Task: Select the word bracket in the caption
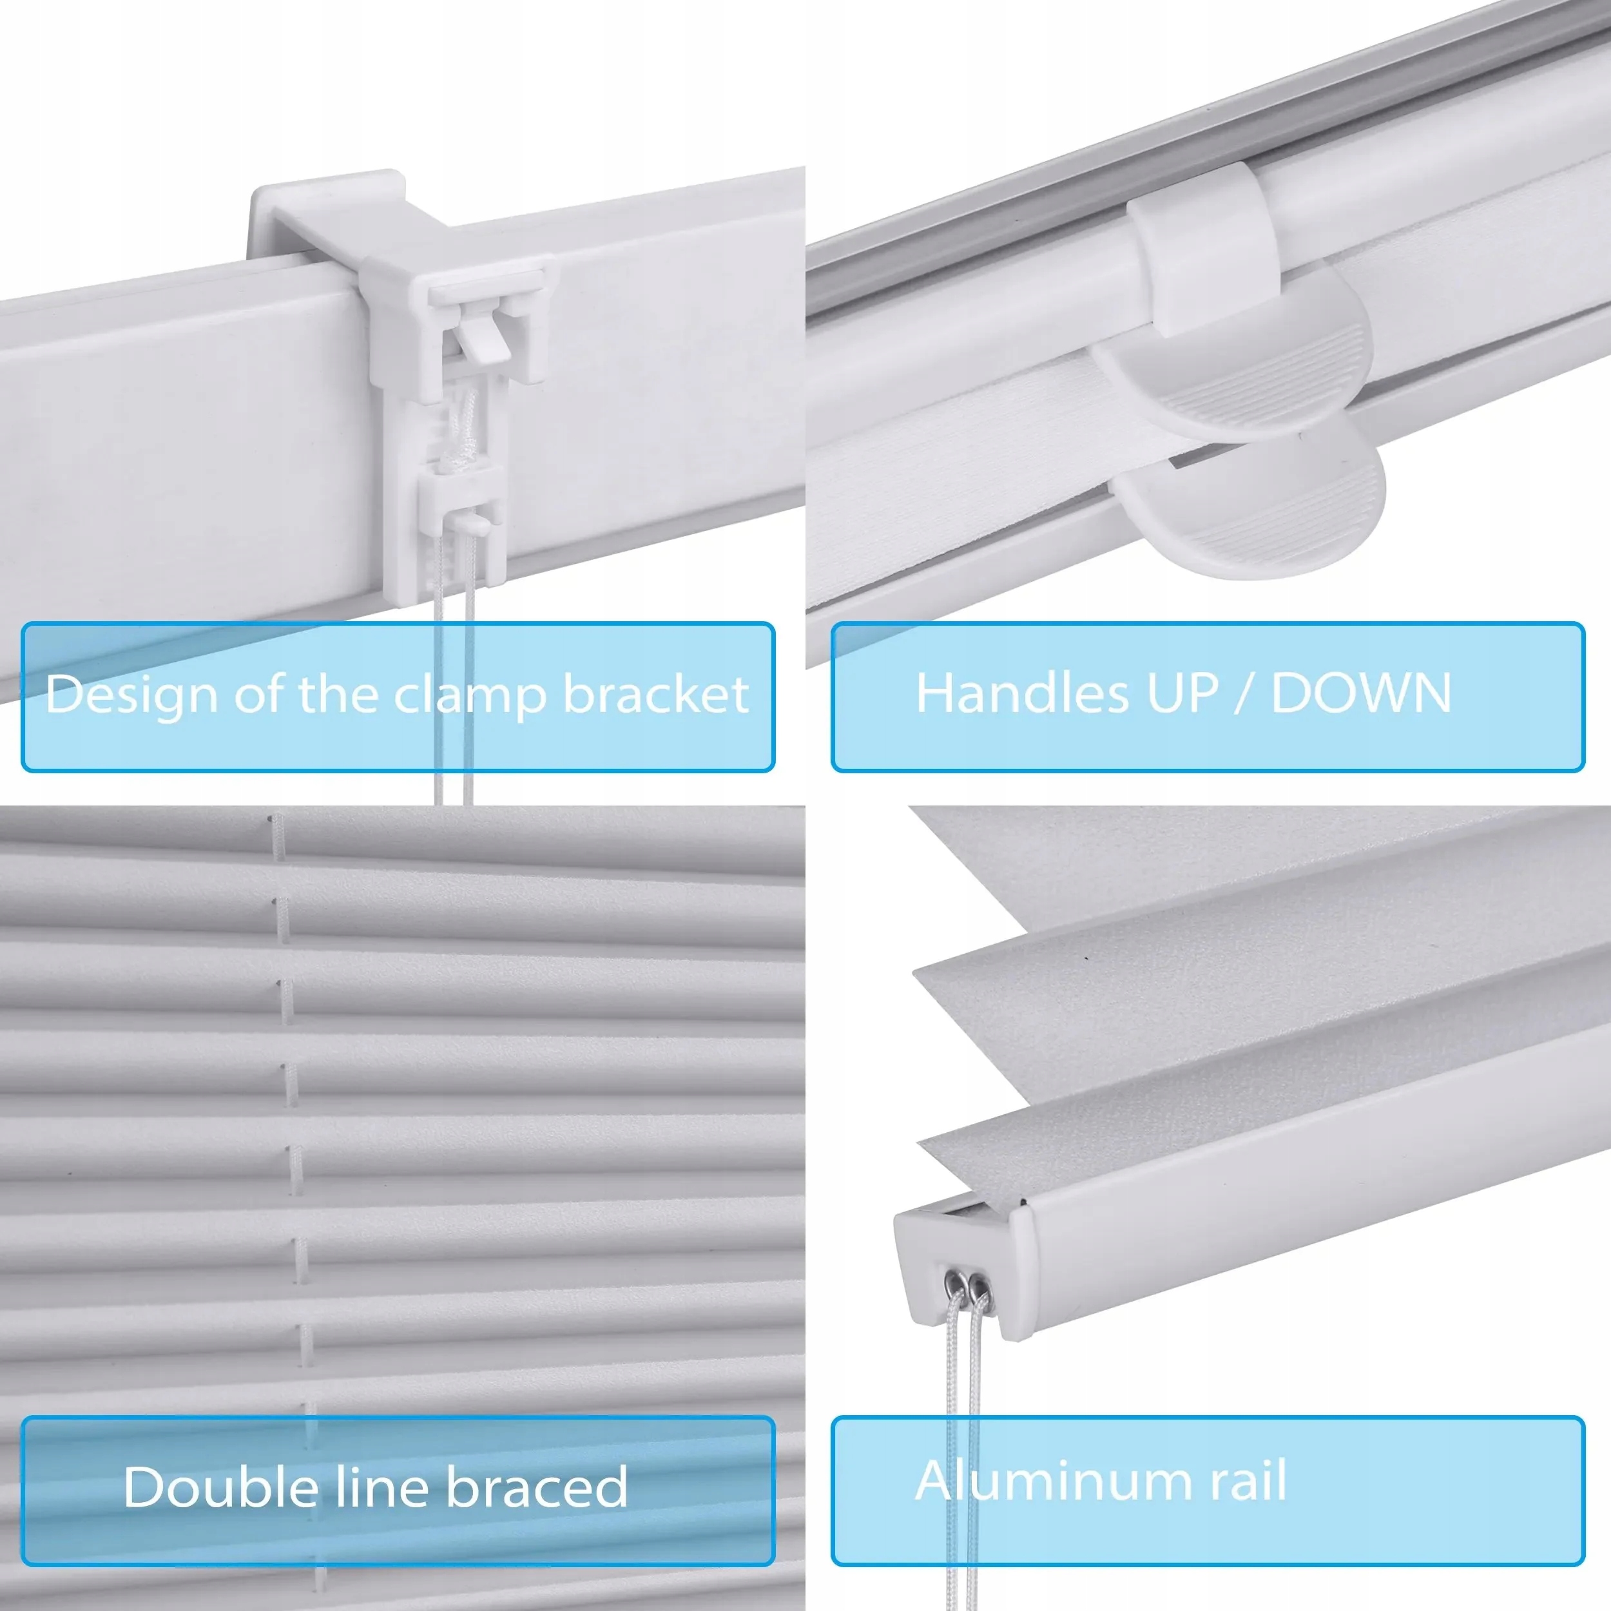click(656, 694)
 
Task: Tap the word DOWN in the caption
click(1361, 693)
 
